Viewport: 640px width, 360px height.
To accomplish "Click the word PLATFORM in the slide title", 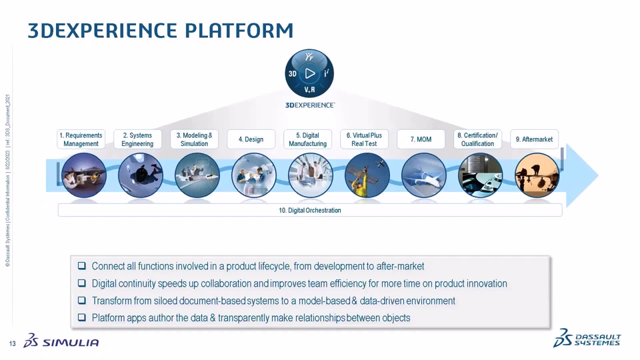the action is tap(239, 31).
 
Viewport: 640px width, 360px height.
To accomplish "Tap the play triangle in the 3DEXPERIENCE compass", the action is tap(310, 73).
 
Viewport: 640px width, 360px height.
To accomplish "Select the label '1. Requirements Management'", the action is tap(81, 139).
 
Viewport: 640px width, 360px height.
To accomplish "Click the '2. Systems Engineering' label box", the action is tap(137, 139).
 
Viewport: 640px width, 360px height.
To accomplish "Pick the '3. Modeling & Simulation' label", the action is tap(194, 139).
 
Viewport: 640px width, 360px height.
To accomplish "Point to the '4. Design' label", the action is tap(251, 139).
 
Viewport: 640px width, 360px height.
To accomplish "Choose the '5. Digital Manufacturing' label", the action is tap(308, 139).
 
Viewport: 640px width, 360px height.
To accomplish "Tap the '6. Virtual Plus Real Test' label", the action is tap(364, 139).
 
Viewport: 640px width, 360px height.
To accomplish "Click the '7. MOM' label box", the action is tap(421, 139).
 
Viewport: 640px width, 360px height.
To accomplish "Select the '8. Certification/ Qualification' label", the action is tap(477, 139).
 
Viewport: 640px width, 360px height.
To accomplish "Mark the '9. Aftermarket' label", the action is tap(534, 139).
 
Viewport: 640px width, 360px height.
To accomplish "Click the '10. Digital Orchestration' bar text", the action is tap(310, 210).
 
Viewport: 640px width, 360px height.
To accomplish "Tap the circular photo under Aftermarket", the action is tap(537, 175).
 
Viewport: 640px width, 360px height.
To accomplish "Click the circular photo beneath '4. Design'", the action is tap(253, 175).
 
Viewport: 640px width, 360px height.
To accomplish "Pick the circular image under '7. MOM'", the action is tap(424, 175).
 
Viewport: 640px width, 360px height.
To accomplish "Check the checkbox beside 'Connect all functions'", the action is tap(82, 266).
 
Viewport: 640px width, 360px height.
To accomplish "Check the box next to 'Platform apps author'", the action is tap(82, 317).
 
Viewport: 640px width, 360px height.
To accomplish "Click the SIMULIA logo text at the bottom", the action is tap(71, 343).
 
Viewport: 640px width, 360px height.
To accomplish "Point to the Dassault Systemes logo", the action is tap(587, 339).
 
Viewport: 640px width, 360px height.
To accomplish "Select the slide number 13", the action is tap(12, 344).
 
